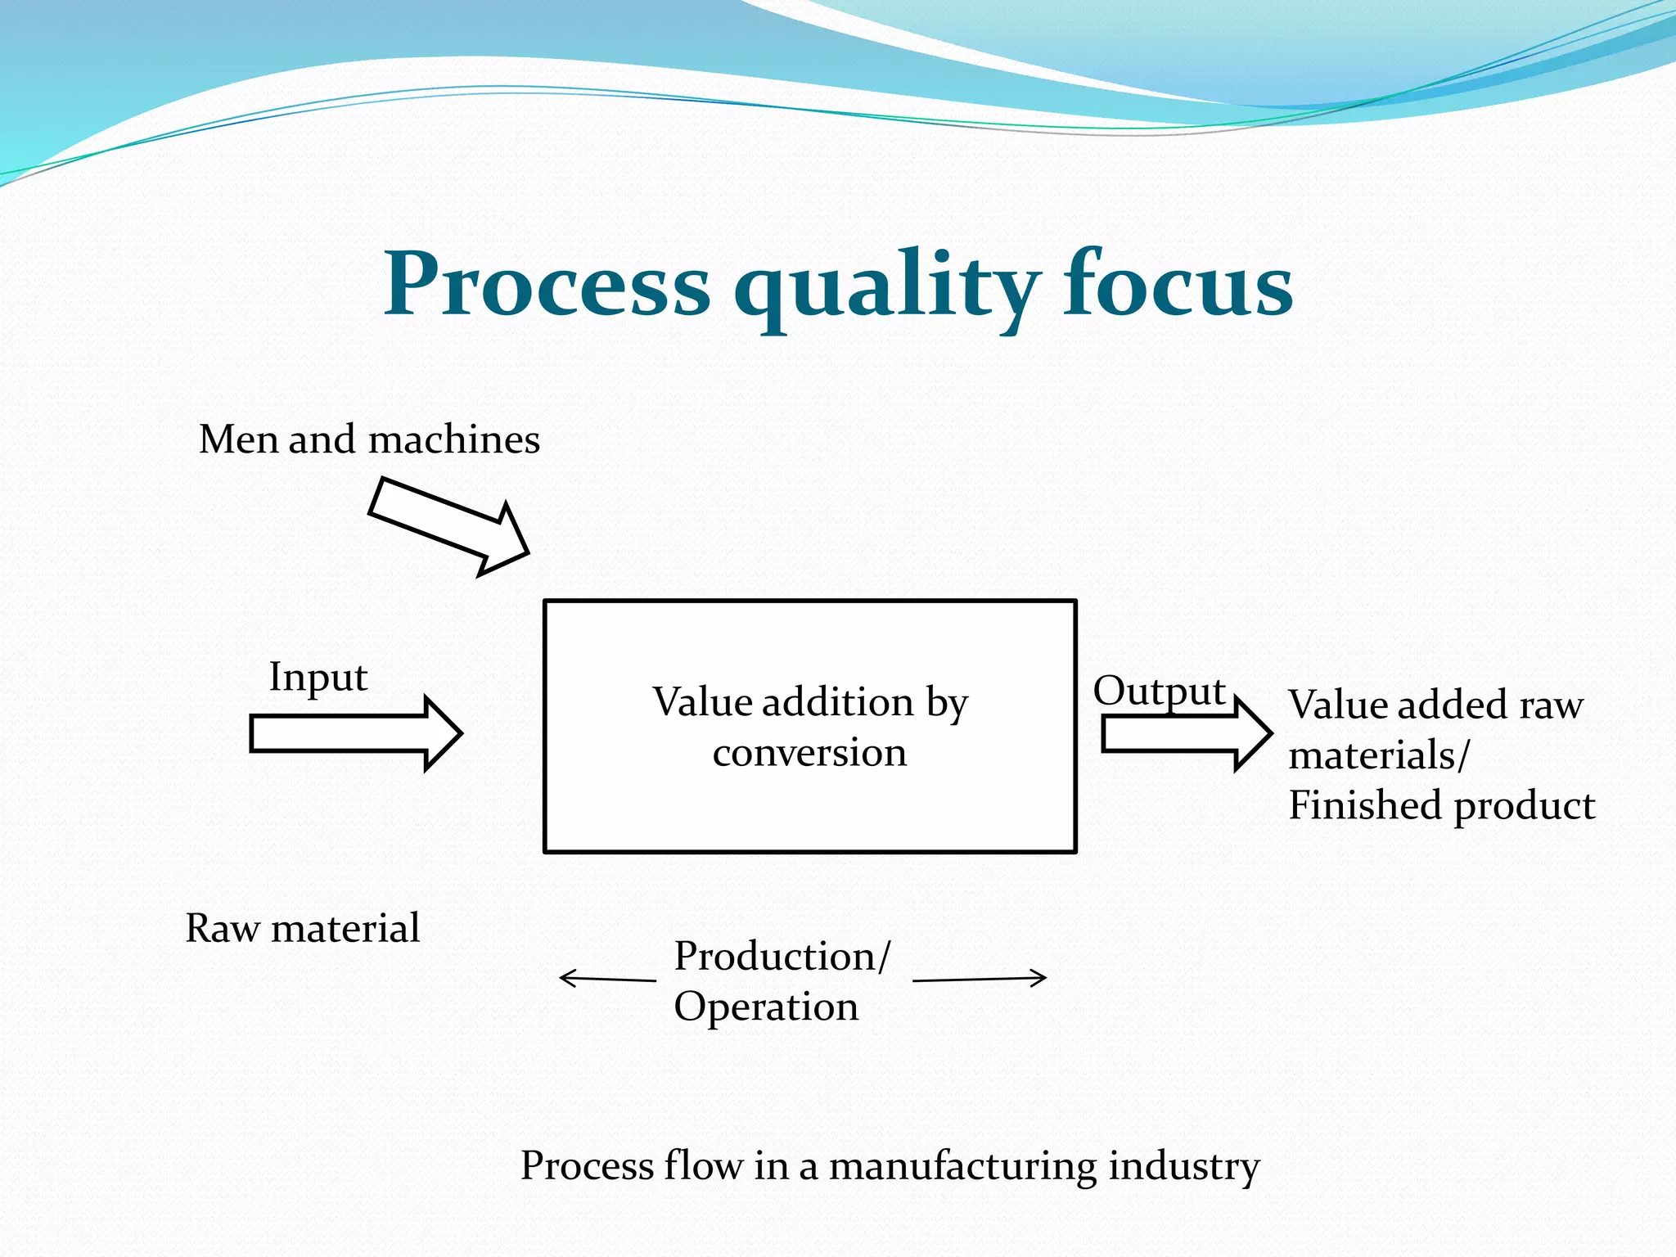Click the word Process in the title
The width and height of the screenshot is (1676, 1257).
[547, 284]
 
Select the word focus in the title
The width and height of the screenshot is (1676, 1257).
[1178, 284]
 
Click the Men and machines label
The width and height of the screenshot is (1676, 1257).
[369, 439]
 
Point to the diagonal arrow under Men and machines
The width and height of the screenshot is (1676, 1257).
[449, 527]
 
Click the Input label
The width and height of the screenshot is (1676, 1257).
[318, 678]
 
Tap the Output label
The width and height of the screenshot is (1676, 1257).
[1159, 692]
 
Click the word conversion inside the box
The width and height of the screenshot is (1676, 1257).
[809, 753]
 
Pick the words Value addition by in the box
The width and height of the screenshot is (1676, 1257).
[809, 702]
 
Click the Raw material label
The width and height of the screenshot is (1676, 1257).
[302, 929]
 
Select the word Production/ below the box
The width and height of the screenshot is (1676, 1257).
[782, 956]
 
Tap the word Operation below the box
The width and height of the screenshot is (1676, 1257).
[766, 1007]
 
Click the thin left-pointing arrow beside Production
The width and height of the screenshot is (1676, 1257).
[606, 978]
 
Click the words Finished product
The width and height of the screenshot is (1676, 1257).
[1441, 805]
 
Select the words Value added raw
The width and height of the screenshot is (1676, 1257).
[1435, 705]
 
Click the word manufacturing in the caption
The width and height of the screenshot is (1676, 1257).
[962, 1166]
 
